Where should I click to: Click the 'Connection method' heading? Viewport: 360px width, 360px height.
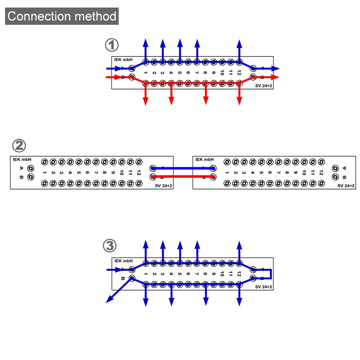pyautogui.click(x=62, y=16)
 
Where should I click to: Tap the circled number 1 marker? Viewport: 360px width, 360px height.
pyautogui.click(x=111, y=46)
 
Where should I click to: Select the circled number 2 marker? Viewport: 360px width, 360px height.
pyautogui.click(x=19, y=146)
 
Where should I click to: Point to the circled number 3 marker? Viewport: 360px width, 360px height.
pyautogui.click(x=110, y=246)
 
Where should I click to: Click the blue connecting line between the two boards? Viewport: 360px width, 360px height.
pyautogui.click(x=183, y=168)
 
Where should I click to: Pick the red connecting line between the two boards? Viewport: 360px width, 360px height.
pyautogui.click(x=183, y=176)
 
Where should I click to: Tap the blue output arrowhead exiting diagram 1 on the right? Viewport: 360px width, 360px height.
pyautogui.click(x=276, y=68)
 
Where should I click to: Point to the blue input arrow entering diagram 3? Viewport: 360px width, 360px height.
pyautogui.click(x=115, y=269)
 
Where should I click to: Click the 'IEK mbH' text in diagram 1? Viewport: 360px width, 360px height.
pyautogui.click(x=123, y=60)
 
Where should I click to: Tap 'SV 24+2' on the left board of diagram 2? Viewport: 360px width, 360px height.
pyautogui.click(x=163, y=186)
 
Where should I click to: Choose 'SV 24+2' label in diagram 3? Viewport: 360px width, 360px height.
pyautogui.click(x=264, y=287)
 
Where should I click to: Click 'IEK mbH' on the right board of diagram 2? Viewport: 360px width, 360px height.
pyautogui.click(x=204, y=159)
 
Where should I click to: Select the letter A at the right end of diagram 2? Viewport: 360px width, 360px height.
pyautogui.click(x=345, y=168)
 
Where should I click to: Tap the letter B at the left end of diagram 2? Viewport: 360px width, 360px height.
pyautogui.click(x=21, y=177)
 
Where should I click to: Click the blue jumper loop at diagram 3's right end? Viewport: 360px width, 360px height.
pyautogui.click(x=271, y=274)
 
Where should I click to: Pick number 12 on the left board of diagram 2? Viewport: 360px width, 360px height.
pyautogui.click(x=139, y=173)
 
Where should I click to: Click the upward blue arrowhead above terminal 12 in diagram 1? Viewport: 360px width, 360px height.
pyautogui.click(x=240, y=43)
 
